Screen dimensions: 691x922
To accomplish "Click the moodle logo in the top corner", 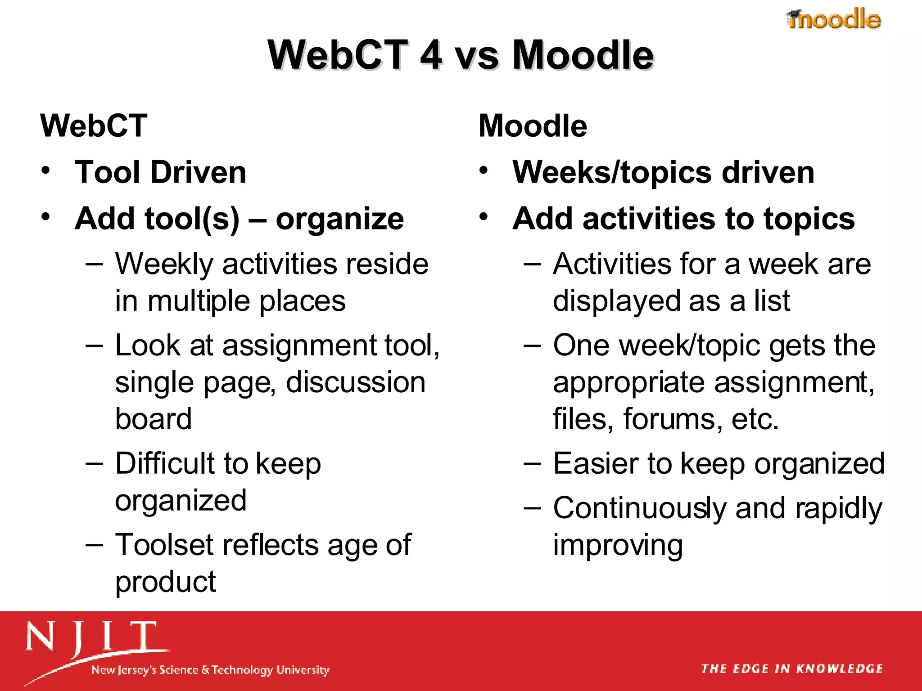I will tap(834, 19).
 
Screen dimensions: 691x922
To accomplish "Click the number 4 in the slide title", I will tap(431, 55).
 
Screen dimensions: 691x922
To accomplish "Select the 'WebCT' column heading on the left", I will tap(94, 126).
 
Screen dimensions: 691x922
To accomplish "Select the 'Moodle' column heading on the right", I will tap(533, 126).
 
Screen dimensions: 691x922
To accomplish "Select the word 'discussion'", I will tap(356, 383).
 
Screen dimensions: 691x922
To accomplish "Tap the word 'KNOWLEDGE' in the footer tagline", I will tap(840, 669).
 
